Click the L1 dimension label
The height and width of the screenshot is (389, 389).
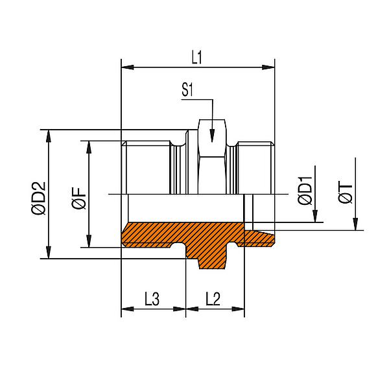(198, 56)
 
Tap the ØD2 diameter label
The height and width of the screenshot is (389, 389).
(38, 193)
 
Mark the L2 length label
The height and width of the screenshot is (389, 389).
(214, 299)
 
